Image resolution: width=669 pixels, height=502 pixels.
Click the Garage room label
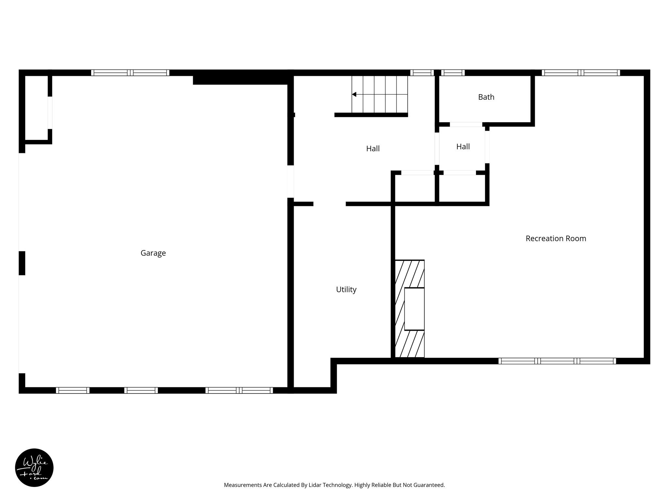click(153, 253)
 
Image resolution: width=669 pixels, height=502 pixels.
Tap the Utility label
click(346, 290)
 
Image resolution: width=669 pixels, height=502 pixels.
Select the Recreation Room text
click(556, 239)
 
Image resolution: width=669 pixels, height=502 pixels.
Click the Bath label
click(486, 97)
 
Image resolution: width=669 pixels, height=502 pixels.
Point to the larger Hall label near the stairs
click(373, 149)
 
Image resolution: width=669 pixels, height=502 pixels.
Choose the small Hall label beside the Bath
click(463, 147)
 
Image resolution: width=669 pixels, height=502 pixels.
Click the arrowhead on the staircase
click(354, 94)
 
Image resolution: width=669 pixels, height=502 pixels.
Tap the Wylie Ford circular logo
click(34, 468)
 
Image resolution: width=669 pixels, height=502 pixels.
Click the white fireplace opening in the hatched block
click(414, 309)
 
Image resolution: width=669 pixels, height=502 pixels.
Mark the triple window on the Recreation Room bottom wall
click(557, 361)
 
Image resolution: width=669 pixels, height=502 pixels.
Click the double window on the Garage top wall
click(130, 73)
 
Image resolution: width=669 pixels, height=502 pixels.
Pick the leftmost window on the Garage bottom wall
click(73, 390)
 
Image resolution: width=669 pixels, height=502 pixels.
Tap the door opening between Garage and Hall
click(290, 182)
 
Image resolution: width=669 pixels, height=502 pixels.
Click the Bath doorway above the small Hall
click(466, 125)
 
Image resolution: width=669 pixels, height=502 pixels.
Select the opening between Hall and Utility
click(329, 204)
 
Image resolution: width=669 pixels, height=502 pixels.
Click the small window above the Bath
click(453, 73)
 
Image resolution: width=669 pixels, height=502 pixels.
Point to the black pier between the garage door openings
click(22, 263)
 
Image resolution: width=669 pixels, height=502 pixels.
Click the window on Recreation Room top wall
click(580, 73)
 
